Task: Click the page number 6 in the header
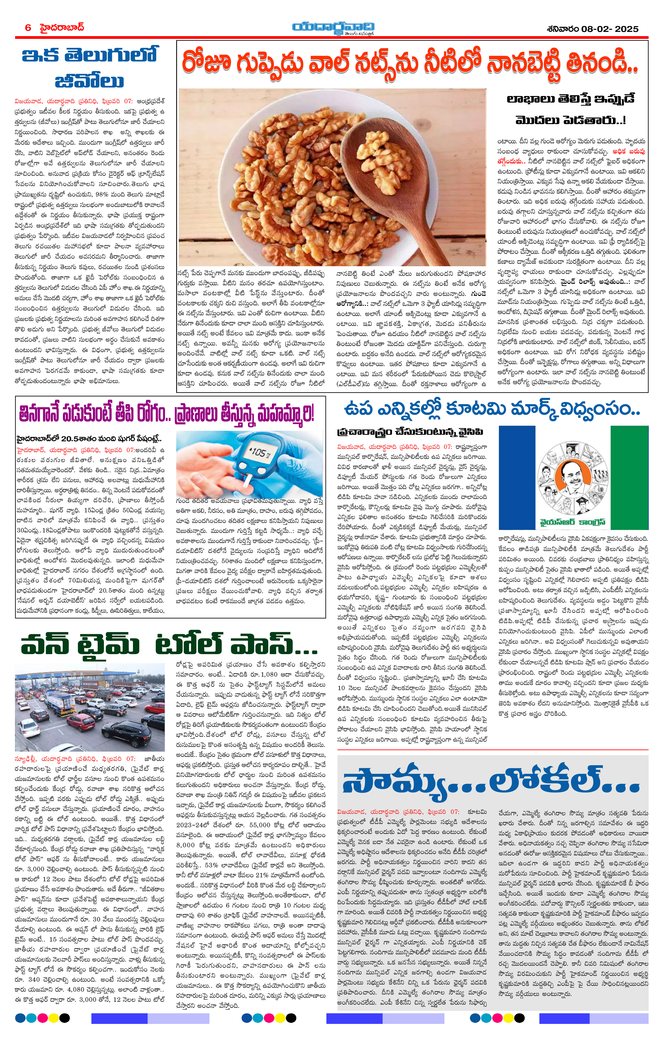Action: click(28, 28)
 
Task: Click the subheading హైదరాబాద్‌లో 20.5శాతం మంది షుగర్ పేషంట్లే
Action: click(89, 438)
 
